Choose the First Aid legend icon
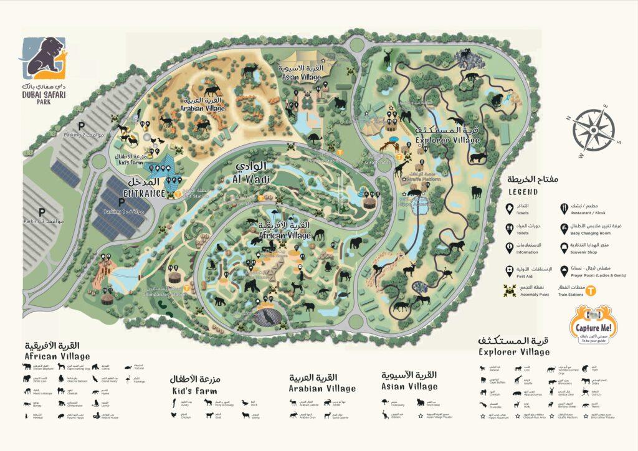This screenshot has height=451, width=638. click(510, 269)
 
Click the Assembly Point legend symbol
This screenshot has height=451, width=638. click(510, 290)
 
